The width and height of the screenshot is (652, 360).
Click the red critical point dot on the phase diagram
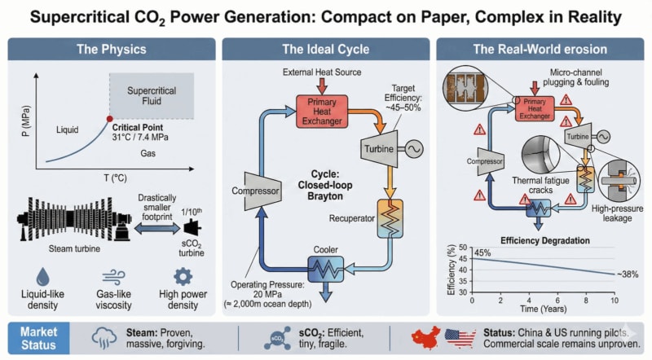click(110, 118)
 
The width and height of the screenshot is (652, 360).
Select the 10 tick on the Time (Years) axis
click(615, 301)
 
